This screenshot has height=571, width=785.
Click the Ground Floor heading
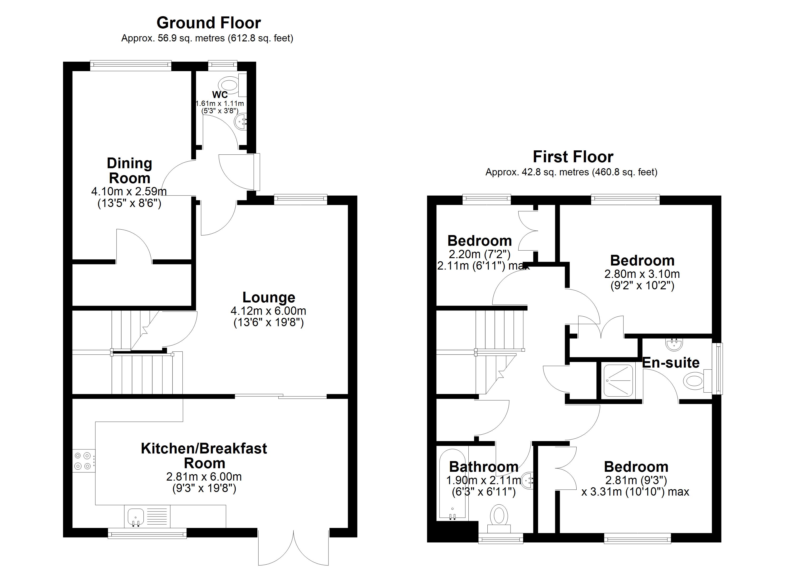coord(209,23)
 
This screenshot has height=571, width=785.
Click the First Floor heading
coord(573,157)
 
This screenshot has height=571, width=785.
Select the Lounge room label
coord(269,297)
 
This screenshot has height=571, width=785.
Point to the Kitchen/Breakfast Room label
coord(204,456)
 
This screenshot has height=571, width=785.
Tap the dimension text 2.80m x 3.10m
coord(642,274)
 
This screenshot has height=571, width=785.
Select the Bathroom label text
coord(484,467)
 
